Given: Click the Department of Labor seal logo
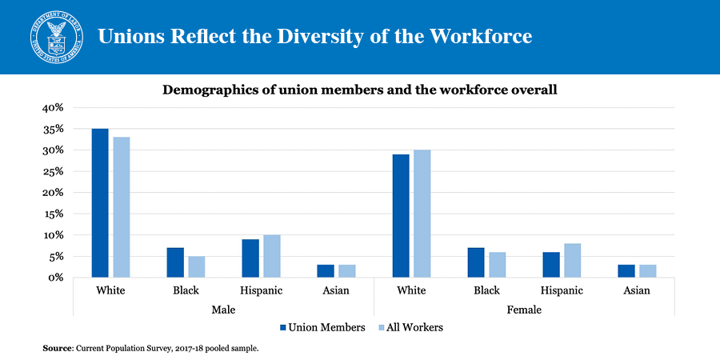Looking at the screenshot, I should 57,38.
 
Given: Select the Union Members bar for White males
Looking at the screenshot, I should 100,203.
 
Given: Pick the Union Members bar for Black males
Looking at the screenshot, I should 175,262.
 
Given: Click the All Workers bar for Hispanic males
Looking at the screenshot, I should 272,256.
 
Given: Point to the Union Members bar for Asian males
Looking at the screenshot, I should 326,271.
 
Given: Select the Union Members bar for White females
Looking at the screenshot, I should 401,216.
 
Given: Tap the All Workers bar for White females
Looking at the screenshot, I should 422,214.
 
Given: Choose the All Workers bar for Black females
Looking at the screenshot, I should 497,265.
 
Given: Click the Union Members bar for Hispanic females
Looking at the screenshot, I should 551,265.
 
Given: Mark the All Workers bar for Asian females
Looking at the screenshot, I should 647,271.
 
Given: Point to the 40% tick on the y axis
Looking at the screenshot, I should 53,108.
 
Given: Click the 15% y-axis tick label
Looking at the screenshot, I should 53,214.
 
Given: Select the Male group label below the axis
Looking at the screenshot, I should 224,309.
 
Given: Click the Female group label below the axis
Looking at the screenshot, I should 524,309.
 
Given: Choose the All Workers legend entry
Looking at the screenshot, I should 415,327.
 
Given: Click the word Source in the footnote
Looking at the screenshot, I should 58,349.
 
